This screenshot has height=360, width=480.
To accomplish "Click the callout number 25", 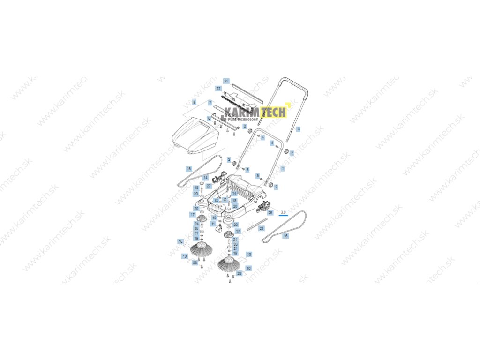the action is point(226,81).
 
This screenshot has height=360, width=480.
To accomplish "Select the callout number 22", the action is point(218,88).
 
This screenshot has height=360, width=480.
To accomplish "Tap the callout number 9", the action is point(194,102).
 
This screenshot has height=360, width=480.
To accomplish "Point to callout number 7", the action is point(210,102).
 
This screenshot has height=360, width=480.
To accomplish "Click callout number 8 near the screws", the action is point(209,119).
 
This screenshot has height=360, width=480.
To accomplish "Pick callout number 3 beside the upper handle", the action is point(299,128).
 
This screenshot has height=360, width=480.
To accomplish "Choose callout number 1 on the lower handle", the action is point(282,168).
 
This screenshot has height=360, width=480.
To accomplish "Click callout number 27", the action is point(209,186).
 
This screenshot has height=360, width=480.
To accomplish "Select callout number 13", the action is point(216,200).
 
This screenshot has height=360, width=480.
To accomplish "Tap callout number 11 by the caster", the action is point(213,225).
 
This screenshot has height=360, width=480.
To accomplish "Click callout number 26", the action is point(270,212).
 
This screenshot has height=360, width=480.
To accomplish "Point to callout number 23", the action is point(262,228).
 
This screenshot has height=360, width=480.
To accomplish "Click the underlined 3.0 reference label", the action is point(283,213).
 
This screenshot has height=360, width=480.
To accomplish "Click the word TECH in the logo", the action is point(273,112).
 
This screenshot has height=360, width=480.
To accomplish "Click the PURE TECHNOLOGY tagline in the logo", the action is point(241,119).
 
